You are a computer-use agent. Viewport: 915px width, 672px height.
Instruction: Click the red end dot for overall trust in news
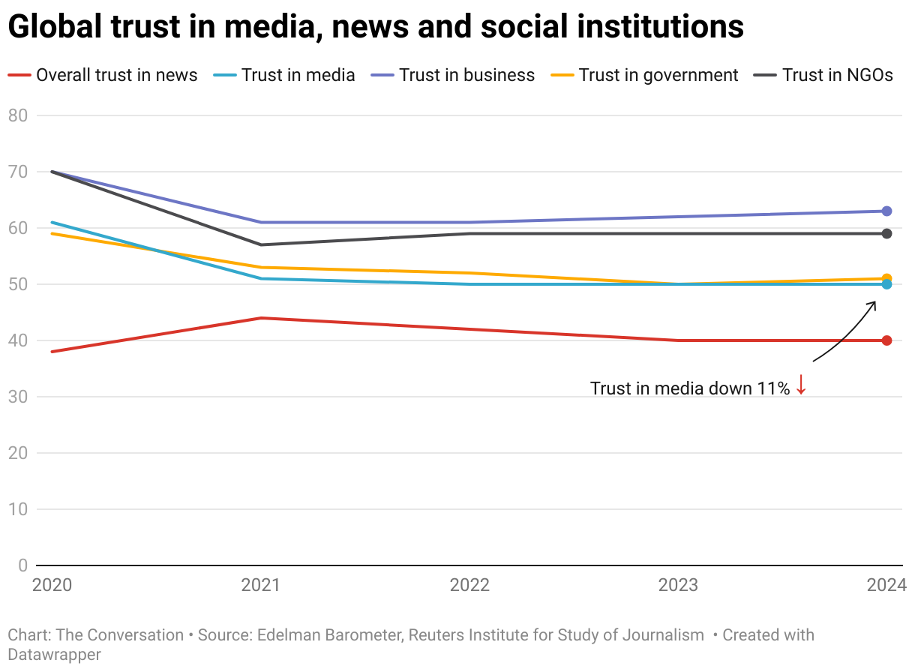(x=886, y=340)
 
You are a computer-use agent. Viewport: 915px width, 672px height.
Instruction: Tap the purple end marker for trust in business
(x=886, y=211)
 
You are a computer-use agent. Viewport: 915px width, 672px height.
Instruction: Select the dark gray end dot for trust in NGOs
(x=886, y=233)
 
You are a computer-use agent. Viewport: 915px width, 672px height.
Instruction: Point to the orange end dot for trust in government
(x=886, y=278)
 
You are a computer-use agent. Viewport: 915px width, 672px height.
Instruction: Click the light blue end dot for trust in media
(x=886, y=284)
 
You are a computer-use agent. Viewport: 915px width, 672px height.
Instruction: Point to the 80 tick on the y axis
(x=18, y=115)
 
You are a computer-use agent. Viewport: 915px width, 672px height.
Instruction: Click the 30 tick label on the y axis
(x=18, y=397)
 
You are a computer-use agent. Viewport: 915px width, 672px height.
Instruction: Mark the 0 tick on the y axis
(x=22, y=565)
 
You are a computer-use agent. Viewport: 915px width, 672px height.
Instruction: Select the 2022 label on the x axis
(x=469, y=585)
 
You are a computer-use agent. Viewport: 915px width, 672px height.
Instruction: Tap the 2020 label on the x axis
(x=52, y=585)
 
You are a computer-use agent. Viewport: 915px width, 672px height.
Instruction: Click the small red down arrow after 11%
(x=801, y=385)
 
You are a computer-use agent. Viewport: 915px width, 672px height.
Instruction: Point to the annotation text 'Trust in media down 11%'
(x=689, y=388)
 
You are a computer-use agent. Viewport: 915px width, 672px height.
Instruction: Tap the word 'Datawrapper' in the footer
(x=54, y=654)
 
